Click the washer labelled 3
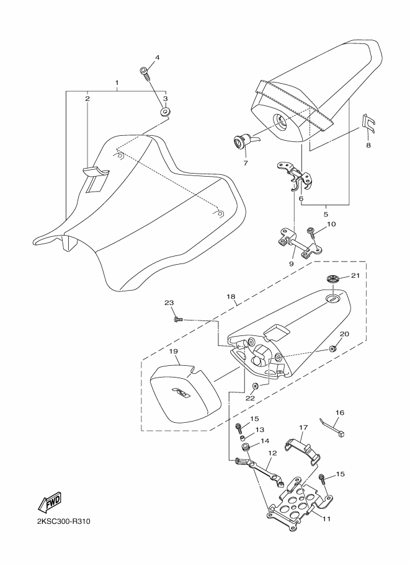click(x=165, y=112)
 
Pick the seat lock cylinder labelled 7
click(x=244, y=141)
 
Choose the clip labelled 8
click(x=368, y=124)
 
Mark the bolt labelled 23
click(x=179, y=319)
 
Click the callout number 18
click(x=231, y=296)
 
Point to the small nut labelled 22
click(x=255, y=386)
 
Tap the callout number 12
click(x=272, y=453)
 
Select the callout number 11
click(x=326, y=519)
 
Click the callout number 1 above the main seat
click(x=117, y=82)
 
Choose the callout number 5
click(x=326, y=214)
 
